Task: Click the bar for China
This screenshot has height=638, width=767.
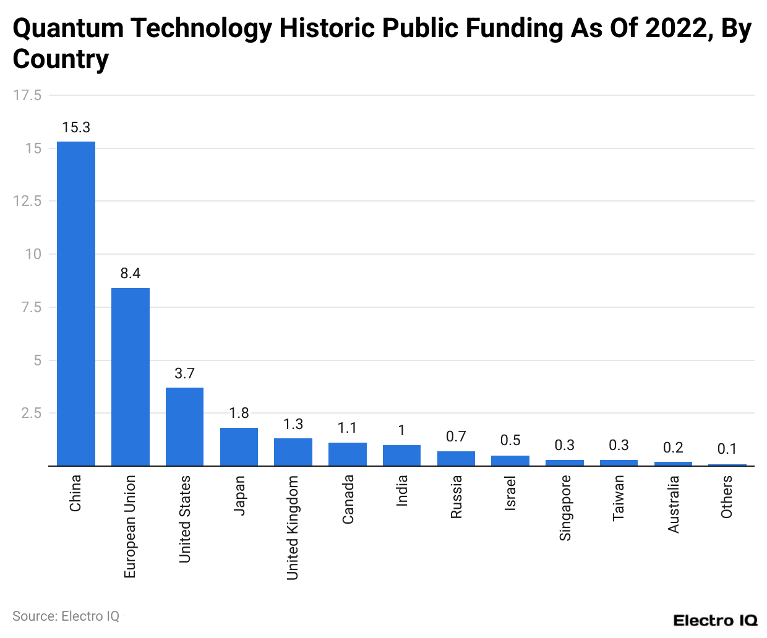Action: click(76, 304)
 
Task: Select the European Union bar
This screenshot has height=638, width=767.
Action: click(131, 376)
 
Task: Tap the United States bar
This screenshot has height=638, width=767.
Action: click(184, 427)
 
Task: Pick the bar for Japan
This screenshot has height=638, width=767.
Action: click(239, 446)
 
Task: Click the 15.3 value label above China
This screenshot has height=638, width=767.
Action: click(76, 127)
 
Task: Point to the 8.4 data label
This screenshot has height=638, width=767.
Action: click(131, 273)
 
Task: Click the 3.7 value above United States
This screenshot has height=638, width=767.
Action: click(184, 373)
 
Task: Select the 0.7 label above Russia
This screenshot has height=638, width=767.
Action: click(456, 436)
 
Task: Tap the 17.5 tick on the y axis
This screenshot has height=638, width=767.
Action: click(27, 95)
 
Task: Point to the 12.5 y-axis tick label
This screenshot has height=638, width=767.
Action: click(27, 201)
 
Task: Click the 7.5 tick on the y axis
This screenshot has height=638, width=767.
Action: click(31, 307)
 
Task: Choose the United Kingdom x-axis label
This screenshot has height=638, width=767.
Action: click(293, 527)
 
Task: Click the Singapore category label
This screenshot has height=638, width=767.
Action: click(565, 508)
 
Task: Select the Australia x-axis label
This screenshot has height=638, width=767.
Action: click(674, 504)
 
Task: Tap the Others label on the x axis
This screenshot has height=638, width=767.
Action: click(727, 496)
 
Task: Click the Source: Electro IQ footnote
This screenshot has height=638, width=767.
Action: click(66, 616)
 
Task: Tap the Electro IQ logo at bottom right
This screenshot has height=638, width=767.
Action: click(715, 620)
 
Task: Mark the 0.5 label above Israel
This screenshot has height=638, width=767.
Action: click(510, 440)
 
